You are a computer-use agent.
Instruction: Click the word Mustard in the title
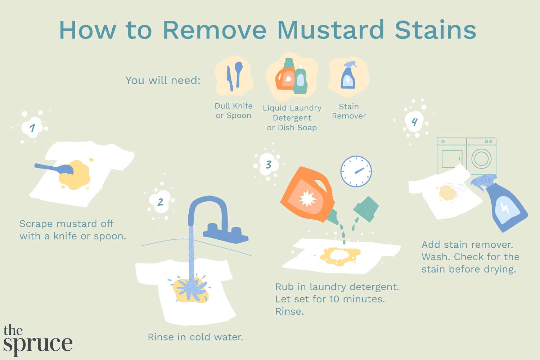click(x=330, y=30)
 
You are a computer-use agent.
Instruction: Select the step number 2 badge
click(x=161, y=202)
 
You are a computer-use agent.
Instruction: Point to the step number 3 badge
click(x=268, y=165)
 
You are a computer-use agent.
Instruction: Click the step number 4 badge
click(x=415, y=122)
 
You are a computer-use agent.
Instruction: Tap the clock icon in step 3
click(x=356, y=171)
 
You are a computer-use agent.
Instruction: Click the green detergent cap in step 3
click(x=366, y=209)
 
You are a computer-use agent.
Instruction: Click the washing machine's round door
click(x=481, y=158)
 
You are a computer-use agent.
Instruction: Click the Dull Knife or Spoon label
click(x=234, y=111)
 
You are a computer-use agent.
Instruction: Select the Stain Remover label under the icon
click(x=349, y=111)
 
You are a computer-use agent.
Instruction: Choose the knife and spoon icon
click(x=234, y=76)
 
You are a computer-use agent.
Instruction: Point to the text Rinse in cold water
click(x=195, y=337)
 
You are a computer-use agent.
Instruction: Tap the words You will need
click(x=163, y=80)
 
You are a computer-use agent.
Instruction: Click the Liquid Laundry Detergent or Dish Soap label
click(x=292, y=118)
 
